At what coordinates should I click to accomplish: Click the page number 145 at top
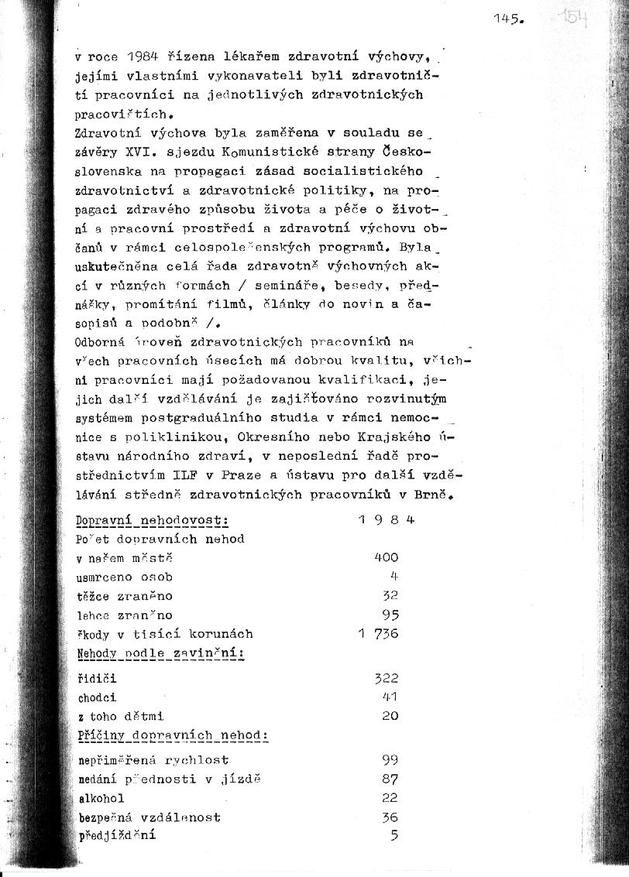pyautogui.click(x=507, y=21)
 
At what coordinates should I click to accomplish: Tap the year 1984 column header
pyautogui.click(x=387, y=520)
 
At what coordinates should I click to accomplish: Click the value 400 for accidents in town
pyautogui.click(x=386, y=557)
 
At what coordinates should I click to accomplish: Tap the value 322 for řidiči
pyautogui.click(x=386, y=678)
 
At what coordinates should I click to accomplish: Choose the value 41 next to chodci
pyautogui.click(x=390, y=697)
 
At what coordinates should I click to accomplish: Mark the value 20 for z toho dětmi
pyautogui.click(x=390, y=716)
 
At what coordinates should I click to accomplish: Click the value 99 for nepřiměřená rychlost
pyautogui.click(x=390, y=760)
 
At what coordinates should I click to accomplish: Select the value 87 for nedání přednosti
pyautogui.click(x=390, y=779)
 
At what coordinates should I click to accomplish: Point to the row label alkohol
pyautogui.click(x=101, y=798)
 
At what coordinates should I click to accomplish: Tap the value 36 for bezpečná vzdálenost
pyautogui.click(x=390, y=817)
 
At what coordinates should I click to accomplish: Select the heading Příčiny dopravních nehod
pyautogui.click(x=173, y=735)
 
